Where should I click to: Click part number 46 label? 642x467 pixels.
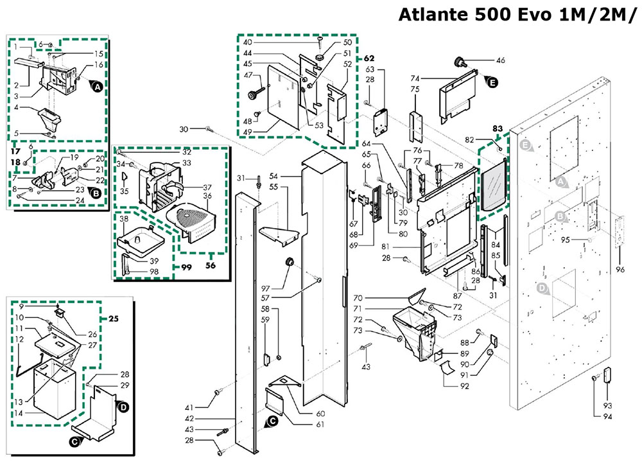(x=501, y=60)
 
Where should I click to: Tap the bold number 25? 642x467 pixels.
(x=114, y=319)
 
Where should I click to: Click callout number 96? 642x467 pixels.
(x=620, y=269)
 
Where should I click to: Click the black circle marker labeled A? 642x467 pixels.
(x=98, y=86)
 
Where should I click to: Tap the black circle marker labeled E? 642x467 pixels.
(x=493, y=82)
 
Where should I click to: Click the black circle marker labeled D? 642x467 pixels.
(x=124, y=406)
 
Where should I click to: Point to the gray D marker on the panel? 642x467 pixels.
(x=542, y=289)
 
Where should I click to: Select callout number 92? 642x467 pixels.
(x=464, y=386)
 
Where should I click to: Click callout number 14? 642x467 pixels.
(x=19, y=412)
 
